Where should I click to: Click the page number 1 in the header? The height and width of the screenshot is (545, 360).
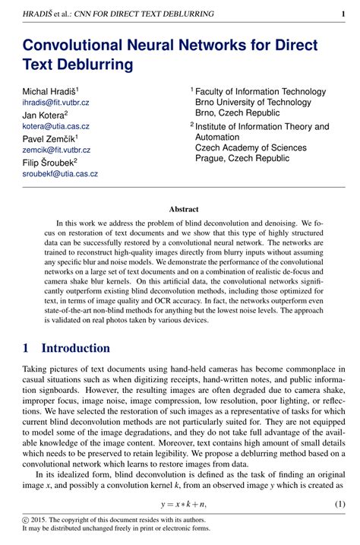[343, 14]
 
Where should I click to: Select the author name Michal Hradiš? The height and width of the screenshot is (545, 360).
[49, 91]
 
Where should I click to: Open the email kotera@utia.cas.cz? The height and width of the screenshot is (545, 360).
[55, 126]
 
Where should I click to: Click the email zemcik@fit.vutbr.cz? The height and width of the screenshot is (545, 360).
[56, 151]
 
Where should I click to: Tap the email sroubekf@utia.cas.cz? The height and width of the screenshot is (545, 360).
[60, 173]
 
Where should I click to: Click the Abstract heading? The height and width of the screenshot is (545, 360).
[183, 208]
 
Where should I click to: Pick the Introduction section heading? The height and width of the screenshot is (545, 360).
[75, 348]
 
